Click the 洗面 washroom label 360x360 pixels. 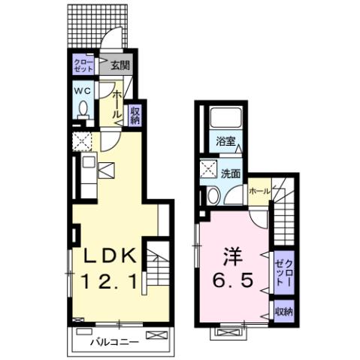click(x=230, y=174)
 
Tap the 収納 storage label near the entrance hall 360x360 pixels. click(x=135, y=114)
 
